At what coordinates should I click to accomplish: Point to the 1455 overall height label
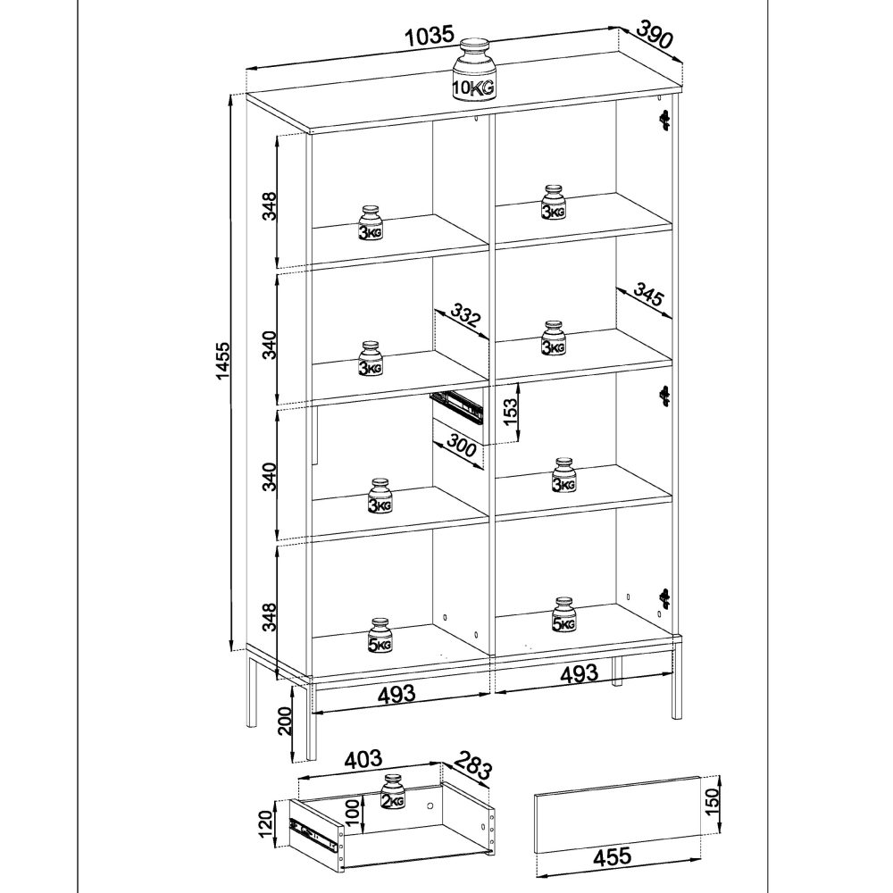[x=223, y=362]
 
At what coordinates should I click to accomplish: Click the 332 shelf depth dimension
[x=465, y=316]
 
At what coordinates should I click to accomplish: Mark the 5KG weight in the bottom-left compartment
[x=380, y=635]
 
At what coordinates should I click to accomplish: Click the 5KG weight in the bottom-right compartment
[x=563, y=615]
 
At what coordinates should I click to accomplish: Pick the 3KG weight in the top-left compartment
[x=371, y=223]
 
